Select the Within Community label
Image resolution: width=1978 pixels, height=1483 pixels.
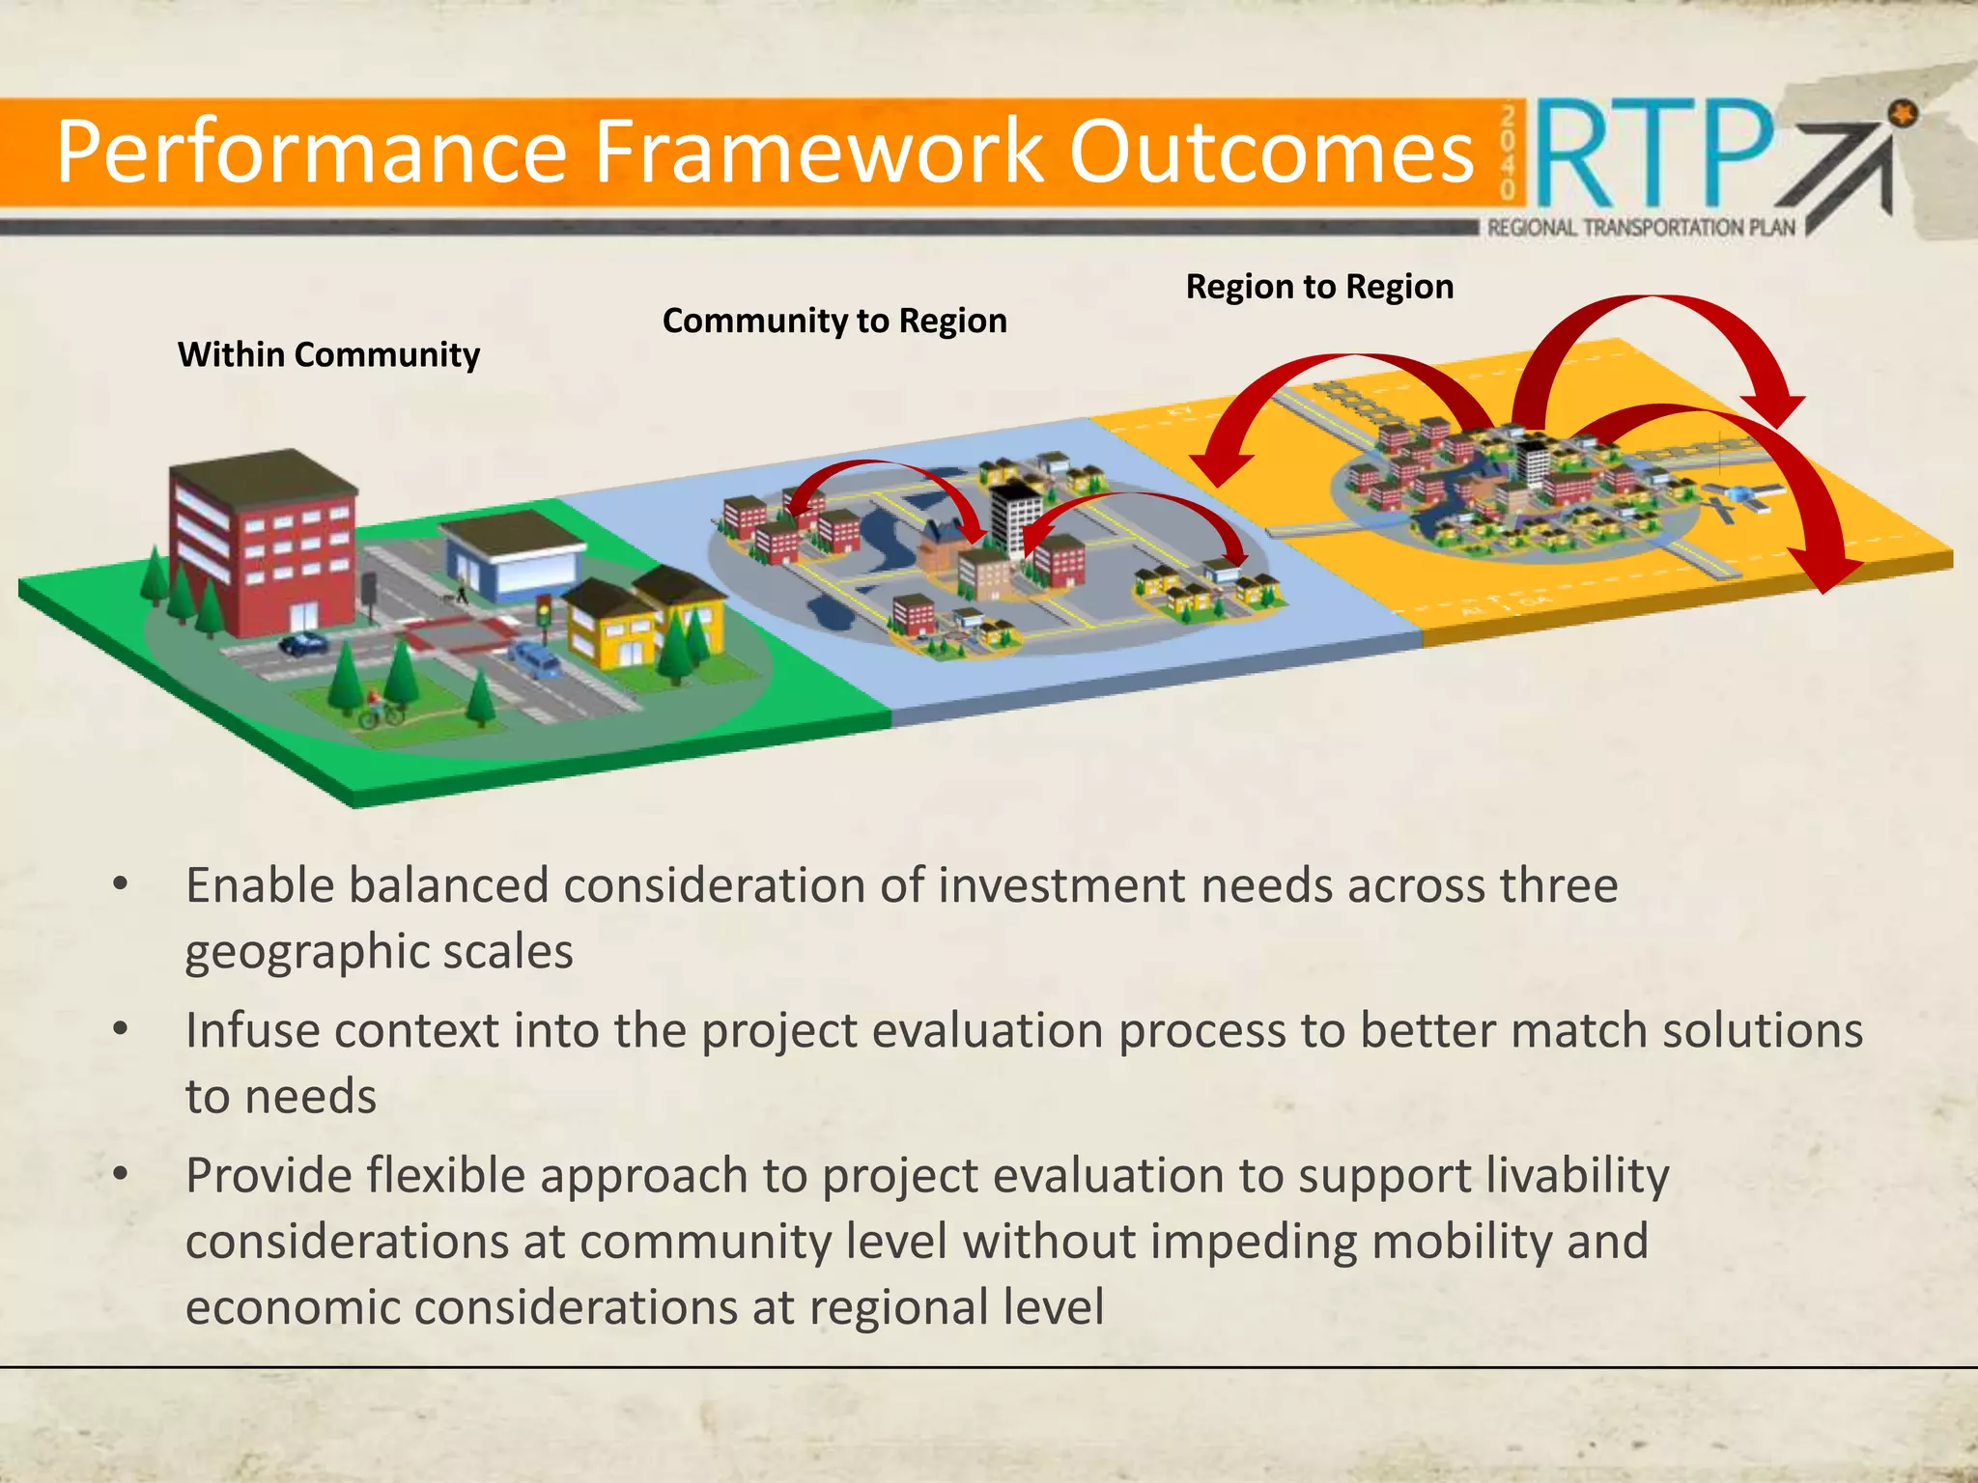click(x=328, y=355)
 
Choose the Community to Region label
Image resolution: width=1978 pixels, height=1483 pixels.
click(x=834, y=321)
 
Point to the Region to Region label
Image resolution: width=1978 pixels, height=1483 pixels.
click(x=1319, y=287)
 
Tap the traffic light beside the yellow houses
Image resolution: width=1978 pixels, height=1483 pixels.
click(x=544, y=618)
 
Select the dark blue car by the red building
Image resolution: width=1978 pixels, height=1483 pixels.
click(x=303, y=643)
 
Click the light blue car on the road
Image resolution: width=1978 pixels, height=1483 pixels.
click(x=534, y=659)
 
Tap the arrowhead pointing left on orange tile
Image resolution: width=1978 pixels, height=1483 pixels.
click(x=1220, y=467)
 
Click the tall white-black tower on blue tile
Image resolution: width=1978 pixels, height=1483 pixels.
click(x=1016, y=517)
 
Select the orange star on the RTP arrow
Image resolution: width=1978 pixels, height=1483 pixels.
click(x=1903, y=115)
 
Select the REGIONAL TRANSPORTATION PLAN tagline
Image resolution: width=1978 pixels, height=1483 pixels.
click(x=1640, y=228)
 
